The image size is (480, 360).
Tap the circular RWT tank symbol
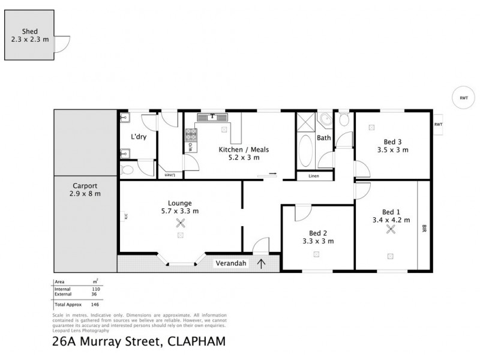(x=463, y=98)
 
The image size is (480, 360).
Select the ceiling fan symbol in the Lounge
(x=180, y=223)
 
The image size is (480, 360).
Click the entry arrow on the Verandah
(x=261, y=262)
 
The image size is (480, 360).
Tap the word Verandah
(x=230, y=262)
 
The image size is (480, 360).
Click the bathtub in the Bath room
(x=305, y=150)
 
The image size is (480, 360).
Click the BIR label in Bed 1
(x=424, y=229)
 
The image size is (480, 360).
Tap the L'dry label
(x=139, y=137)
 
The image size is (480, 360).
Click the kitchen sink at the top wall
(x=212, y=116)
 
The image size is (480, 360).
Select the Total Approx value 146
(x=94, y=305)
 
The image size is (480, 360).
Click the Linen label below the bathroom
(x=314, y=176)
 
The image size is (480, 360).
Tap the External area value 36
(x=94, y=294)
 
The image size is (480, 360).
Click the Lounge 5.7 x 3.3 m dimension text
(x=180, y=211)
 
